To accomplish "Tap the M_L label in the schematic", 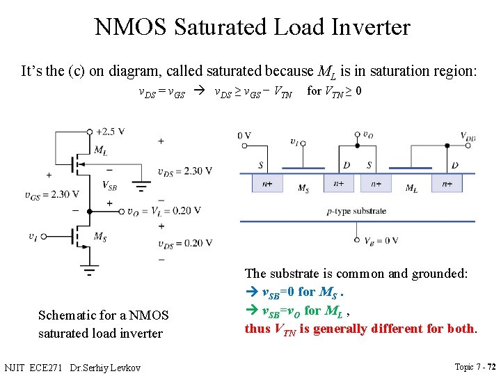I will pos(100,150).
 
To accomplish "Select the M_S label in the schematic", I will pos(100,236).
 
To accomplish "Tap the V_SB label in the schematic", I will pos(109,185).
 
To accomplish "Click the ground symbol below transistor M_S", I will pos(90,268).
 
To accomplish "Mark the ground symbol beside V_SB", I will pos(141,187).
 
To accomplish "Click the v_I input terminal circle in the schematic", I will pos(44,236).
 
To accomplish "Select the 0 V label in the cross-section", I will pos(244,136).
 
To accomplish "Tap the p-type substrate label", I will pos(356,210).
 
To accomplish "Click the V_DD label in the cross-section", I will pos(468,136).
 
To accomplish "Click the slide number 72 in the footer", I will pos(491,366).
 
